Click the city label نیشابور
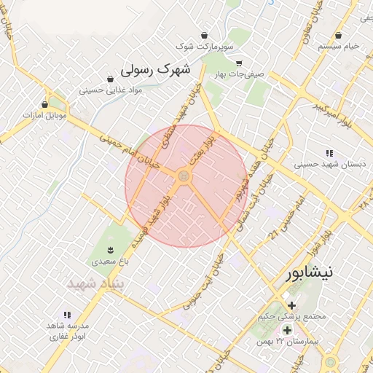pos(310,273)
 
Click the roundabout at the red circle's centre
pos(184,176)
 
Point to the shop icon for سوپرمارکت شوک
pos(205,35)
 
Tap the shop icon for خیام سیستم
pos(339,35)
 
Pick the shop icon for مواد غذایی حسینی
pos(110,79)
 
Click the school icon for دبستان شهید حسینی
pos(329,153)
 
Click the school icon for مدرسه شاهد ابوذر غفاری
pos(67,315)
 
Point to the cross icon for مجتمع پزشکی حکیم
pos(292,305)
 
